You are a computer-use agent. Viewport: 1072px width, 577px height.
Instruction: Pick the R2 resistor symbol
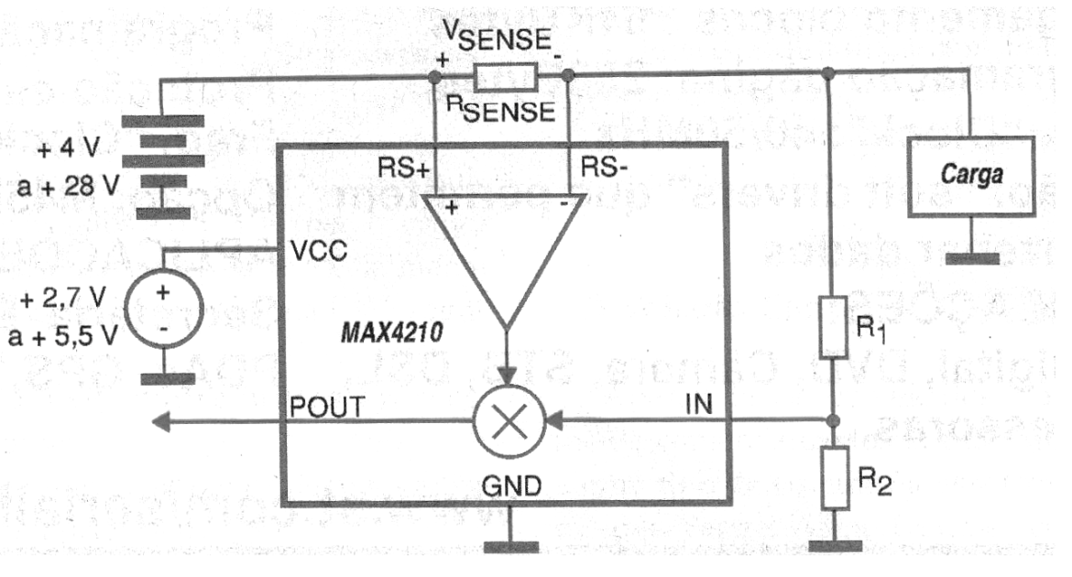tap(833, 476)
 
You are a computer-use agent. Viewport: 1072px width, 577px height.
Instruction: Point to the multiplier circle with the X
tap(507, 422)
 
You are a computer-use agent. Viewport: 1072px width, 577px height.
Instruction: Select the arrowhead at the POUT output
tap(163, 422)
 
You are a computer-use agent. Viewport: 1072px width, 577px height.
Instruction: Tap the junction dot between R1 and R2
tap(833, 422)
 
